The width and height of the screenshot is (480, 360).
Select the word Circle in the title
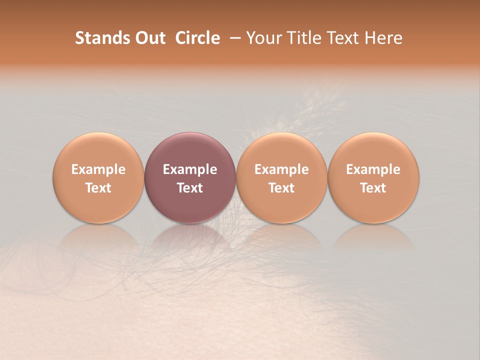coord(197,38)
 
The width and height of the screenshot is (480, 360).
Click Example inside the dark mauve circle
coord(190,169)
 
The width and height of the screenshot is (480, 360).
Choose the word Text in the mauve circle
coord(190,188)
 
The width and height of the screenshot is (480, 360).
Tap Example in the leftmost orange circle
coord(98,169)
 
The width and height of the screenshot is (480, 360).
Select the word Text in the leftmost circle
coord(98,188)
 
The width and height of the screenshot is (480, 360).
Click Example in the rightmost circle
coord(373,169)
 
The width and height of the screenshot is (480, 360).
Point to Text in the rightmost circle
coord(373,188)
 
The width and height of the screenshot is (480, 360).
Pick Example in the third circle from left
coord(281,169)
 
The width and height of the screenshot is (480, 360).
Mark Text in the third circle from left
coord(281,188)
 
